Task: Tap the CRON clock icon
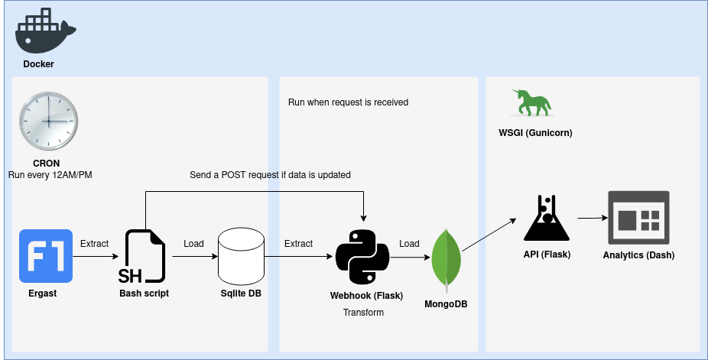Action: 48,121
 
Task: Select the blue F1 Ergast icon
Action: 46,256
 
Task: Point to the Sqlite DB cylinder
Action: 240,257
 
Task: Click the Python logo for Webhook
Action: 363,257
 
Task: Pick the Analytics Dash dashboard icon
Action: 638,218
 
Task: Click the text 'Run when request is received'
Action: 348,102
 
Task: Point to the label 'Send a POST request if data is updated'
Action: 270,175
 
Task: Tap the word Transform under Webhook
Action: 363,313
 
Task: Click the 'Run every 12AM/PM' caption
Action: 50,175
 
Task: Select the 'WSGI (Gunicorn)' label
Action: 535,133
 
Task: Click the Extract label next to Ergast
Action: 94,244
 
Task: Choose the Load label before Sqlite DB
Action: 193,244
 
